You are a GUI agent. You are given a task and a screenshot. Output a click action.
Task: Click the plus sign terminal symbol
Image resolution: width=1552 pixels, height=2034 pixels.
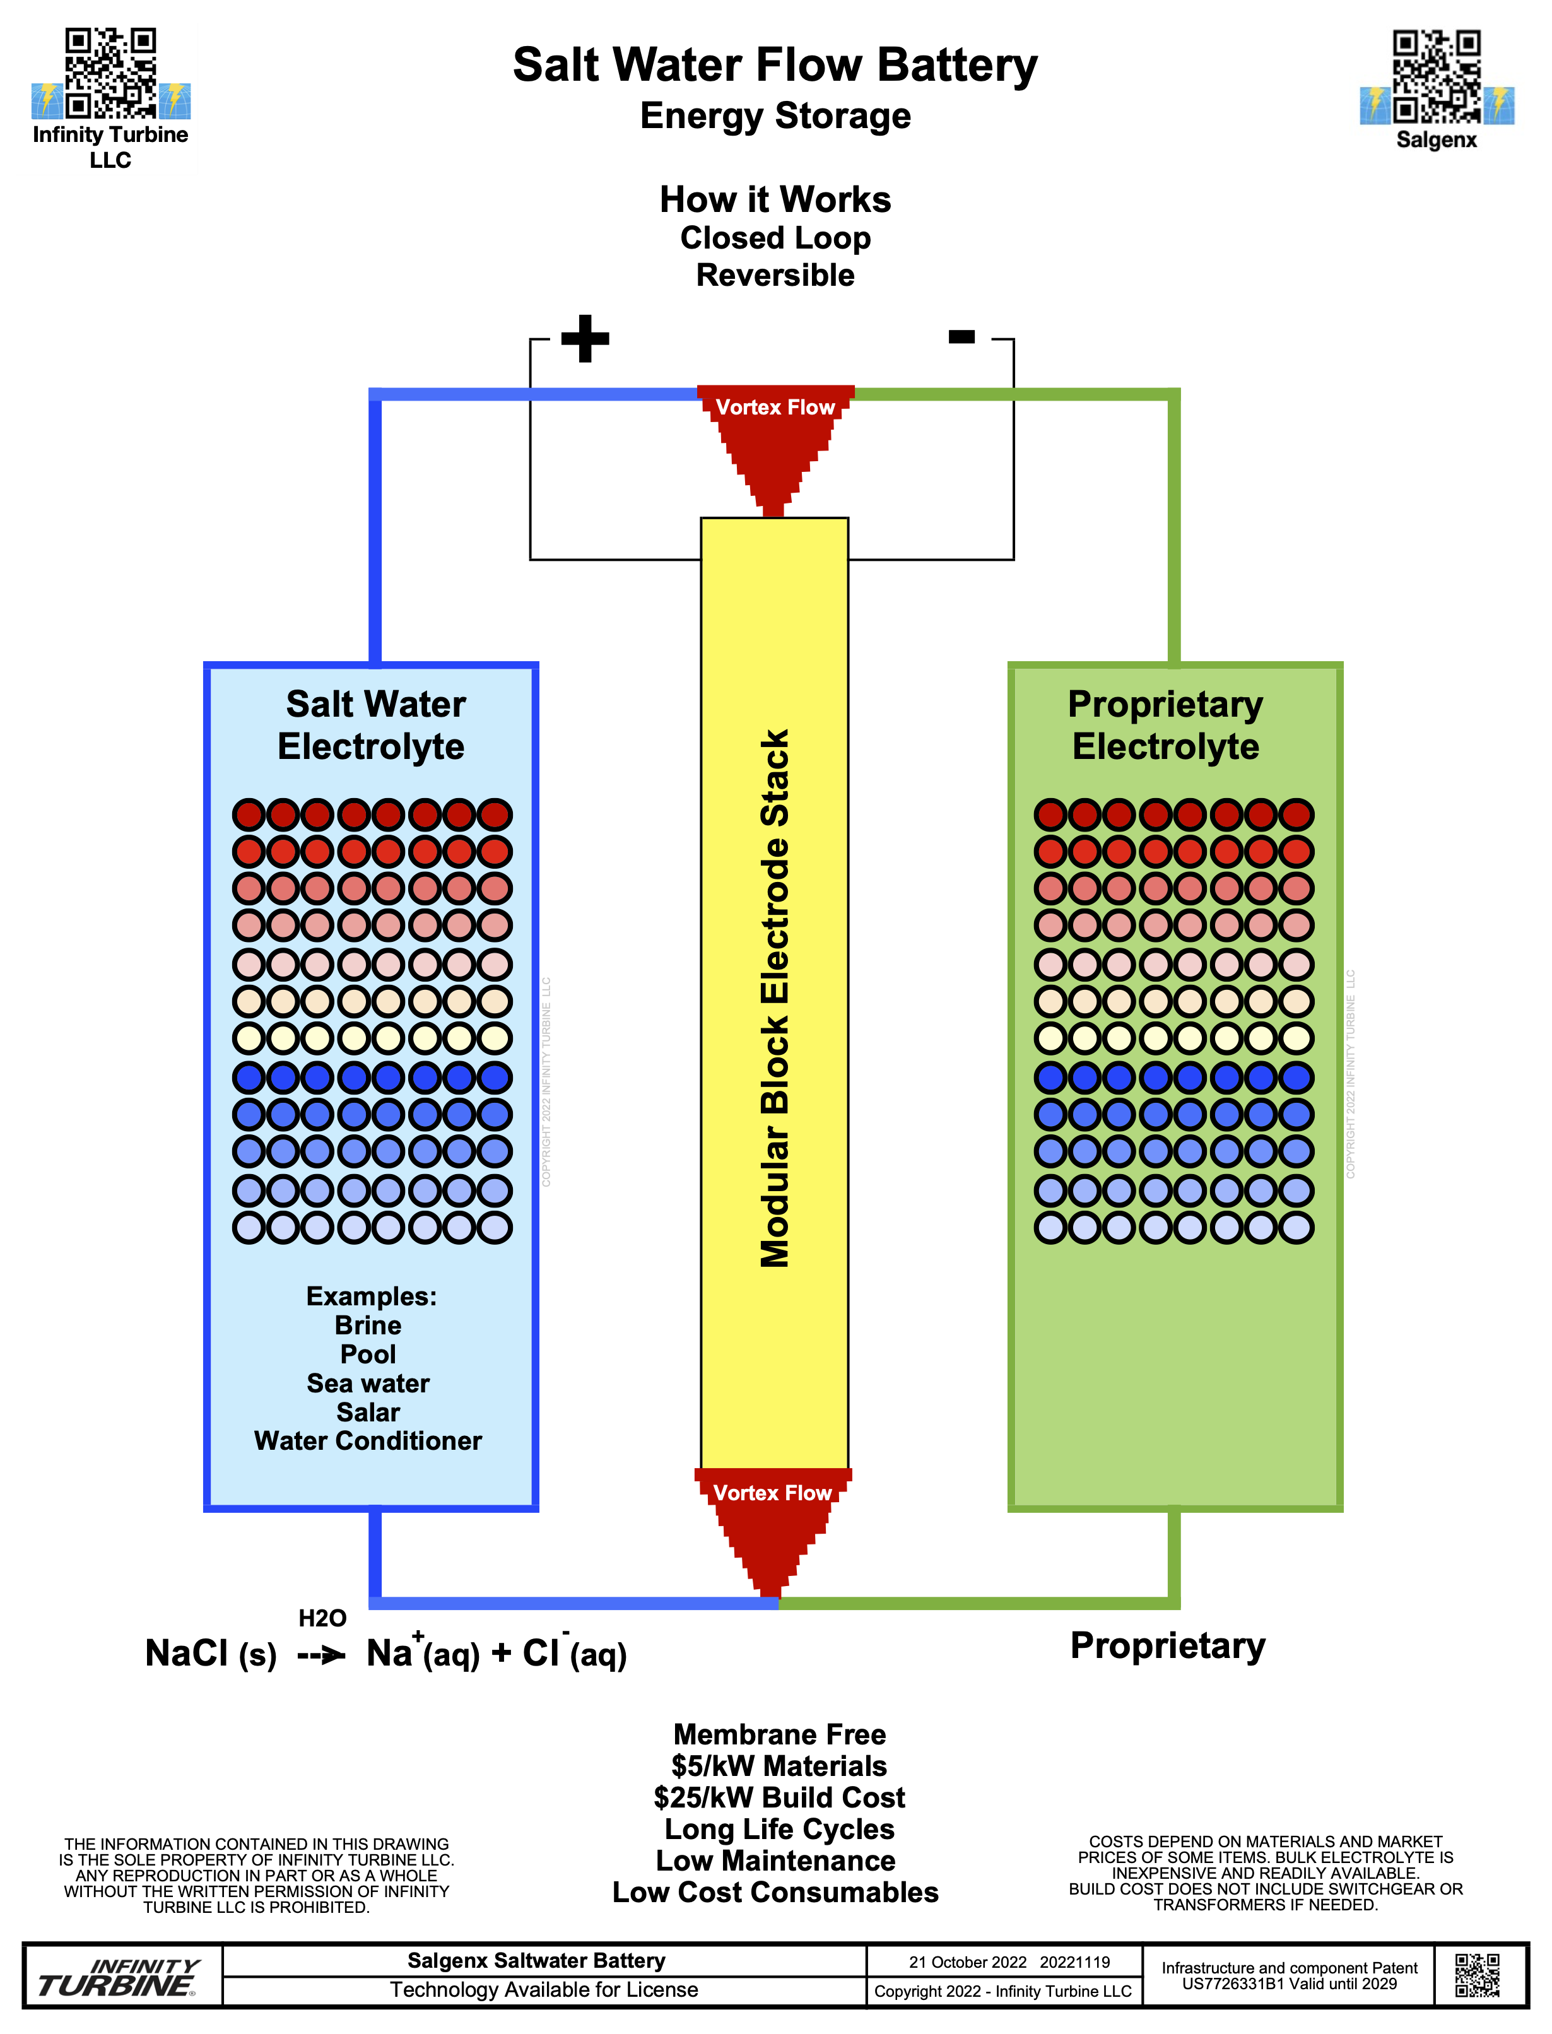tap(585, 338)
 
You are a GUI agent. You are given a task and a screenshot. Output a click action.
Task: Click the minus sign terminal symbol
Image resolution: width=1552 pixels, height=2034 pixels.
tap(961, 336)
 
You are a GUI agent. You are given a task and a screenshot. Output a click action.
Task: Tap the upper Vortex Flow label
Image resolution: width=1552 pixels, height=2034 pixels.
tap(775, 408)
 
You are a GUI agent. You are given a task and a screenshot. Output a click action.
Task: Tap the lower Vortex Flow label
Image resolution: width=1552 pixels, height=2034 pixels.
tap(772, 1493)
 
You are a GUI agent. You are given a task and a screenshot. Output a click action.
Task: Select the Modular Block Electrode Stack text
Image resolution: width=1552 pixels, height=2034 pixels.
tap(775, 997)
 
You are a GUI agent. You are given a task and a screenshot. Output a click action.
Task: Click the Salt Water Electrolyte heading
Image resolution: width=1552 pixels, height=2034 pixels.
tap(373, 725)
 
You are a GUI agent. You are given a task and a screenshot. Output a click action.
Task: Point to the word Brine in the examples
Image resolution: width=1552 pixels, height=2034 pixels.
tap(368, 1325)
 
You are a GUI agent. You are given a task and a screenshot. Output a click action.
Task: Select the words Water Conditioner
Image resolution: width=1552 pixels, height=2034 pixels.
tap(368, 1440)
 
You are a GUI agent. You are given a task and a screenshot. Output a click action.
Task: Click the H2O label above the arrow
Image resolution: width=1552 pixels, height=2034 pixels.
tap(322, 1618)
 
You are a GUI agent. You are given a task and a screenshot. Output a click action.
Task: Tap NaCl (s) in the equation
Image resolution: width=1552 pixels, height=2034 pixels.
tap(211, 1654)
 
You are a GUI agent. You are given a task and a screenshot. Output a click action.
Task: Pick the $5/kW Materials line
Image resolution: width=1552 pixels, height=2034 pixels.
tap(779, 1765)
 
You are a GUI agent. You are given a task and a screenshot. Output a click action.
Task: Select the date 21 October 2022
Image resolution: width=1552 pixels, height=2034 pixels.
tap(967, 1962)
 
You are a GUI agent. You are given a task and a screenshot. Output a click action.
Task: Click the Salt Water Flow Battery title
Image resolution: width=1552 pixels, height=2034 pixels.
tap(775, 64)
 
